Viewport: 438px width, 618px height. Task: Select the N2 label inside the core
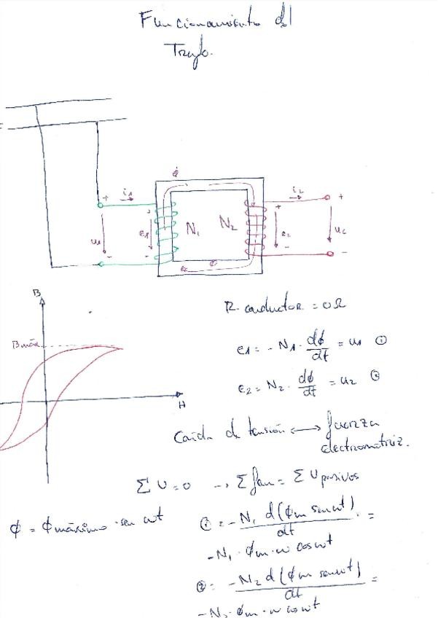[x=228, y=223]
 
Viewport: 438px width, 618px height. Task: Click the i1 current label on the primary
[x=129, y=192]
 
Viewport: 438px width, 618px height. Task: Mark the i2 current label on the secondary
[x=297, y=191]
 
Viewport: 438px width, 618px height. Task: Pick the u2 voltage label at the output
[x=341, y=228]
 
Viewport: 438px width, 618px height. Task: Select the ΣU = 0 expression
[x=163, y=485]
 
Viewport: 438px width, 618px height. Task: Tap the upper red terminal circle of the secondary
[x=327, y=197]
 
